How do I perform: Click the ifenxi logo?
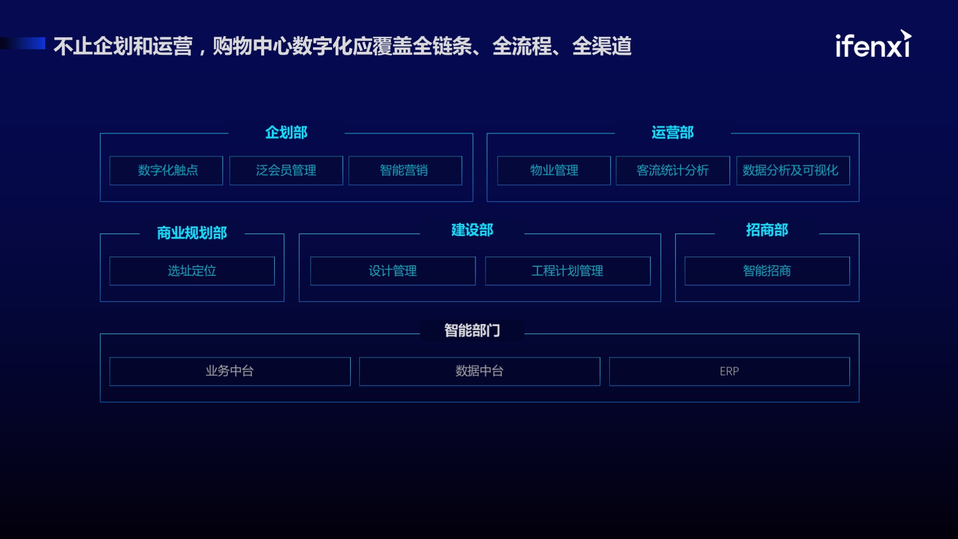point(873,44)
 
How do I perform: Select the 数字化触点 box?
point(166,171)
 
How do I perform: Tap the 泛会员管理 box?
point(286,171)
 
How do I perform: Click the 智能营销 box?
point(405,171)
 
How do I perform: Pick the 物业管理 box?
point(554,171)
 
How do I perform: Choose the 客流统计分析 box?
point(673,171)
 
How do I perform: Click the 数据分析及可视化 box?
point(793,171)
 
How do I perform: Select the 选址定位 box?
point(192,271)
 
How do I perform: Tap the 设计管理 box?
point(393,271)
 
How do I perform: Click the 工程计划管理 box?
point(568,271)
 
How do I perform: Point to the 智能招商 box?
point(767,271)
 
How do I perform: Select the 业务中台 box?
point(230,371)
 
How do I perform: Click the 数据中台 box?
point(480,371)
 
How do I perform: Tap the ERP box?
point(730,371)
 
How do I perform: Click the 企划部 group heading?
point(286,132)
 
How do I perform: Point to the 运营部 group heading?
point(673,132)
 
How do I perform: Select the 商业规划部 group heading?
point(192,233)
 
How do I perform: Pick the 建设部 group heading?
point(472,230)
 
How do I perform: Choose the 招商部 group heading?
point(767,230)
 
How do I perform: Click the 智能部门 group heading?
point(472,331)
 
